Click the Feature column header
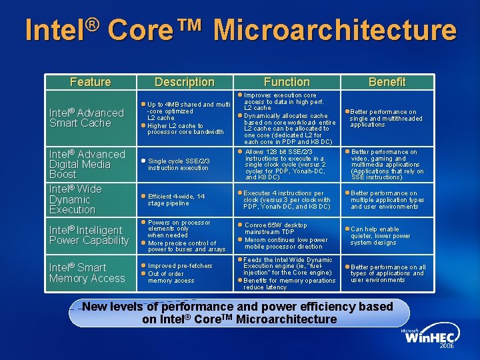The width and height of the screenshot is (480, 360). (90, 82)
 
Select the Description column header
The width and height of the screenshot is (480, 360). (184, 82)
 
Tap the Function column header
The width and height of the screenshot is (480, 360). (286, 82)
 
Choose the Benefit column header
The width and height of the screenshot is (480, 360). (387, 82)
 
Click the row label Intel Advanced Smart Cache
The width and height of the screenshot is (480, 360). (87, 118)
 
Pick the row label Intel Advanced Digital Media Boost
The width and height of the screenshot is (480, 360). (87, 164)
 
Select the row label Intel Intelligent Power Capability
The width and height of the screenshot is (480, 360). (89, 235)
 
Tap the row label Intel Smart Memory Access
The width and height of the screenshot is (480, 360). (87, 273)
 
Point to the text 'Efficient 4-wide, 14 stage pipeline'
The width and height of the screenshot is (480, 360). (176, 200)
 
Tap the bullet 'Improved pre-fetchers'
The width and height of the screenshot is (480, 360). (179, 265)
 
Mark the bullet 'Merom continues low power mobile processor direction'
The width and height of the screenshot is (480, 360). (286, 243)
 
